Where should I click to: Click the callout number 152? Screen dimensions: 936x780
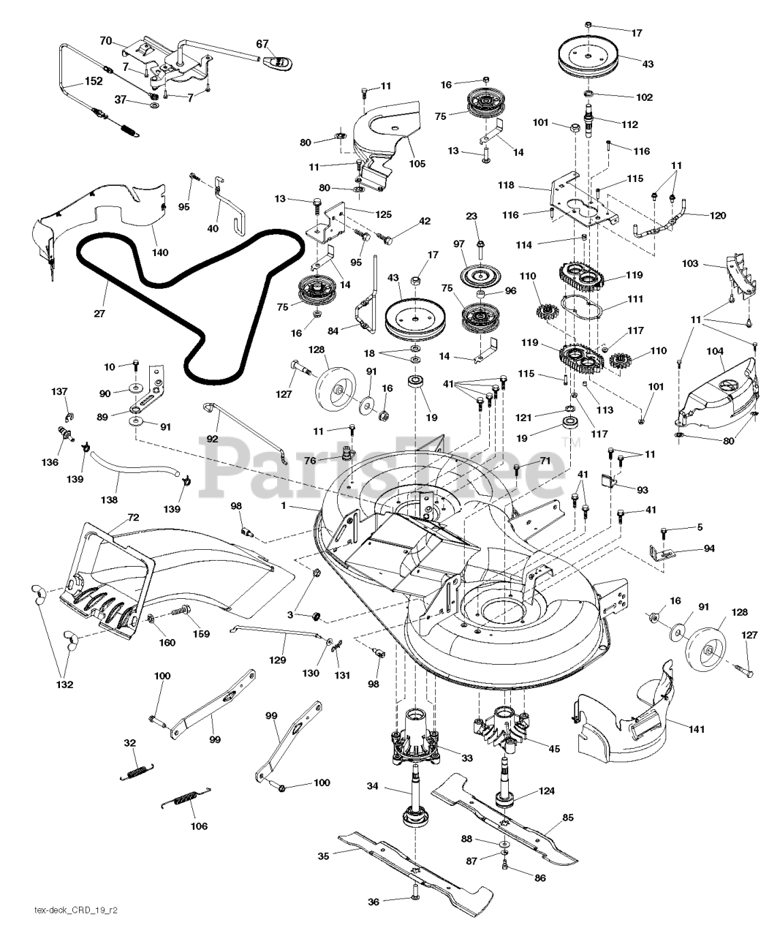point(93,82)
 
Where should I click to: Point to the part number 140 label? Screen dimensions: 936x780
point(160,252)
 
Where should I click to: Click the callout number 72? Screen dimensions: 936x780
point(132,517)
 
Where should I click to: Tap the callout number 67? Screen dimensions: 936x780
point(262,44)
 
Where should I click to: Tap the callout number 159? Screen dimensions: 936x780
point(200,634)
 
